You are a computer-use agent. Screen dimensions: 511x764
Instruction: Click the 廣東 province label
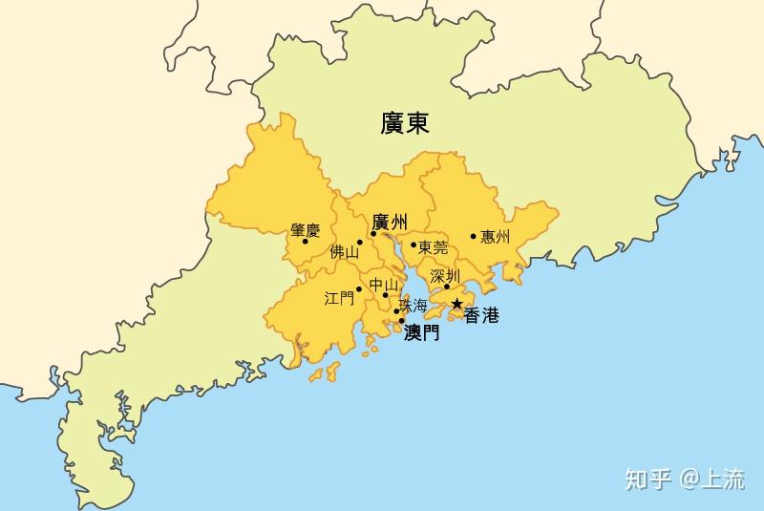tap(404, 123)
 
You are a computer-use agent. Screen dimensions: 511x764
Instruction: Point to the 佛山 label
tap(344, 253)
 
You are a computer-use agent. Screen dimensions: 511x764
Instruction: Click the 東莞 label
tap(433, 246)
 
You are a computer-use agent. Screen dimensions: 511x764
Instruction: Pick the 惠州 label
tap(496, 237)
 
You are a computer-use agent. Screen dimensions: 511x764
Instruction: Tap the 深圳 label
tap(445, 275)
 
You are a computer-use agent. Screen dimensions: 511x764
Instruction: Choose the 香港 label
tap(481, 316)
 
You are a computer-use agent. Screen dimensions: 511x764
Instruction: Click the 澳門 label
tap(422, 332)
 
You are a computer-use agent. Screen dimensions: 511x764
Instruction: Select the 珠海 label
tap(414, 307)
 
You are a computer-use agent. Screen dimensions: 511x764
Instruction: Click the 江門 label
tap(339, 298)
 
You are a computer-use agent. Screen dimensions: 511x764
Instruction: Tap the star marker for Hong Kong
tap(457, 304)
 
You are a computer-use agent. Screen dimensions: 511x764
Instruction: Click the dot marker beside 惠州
tap(474, 236)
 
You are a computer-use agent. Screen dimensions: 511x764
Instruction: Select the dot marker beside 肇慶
tap(305, 241)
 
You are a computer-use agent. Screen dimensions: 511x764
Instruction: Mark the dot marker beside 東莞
tap(414, 245)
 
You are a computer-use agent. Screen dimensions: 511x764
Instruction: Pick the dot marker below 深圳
tap(446, 287)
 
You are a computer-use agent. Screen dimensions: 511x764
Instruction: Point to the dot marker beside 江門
tap(359, 289)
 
